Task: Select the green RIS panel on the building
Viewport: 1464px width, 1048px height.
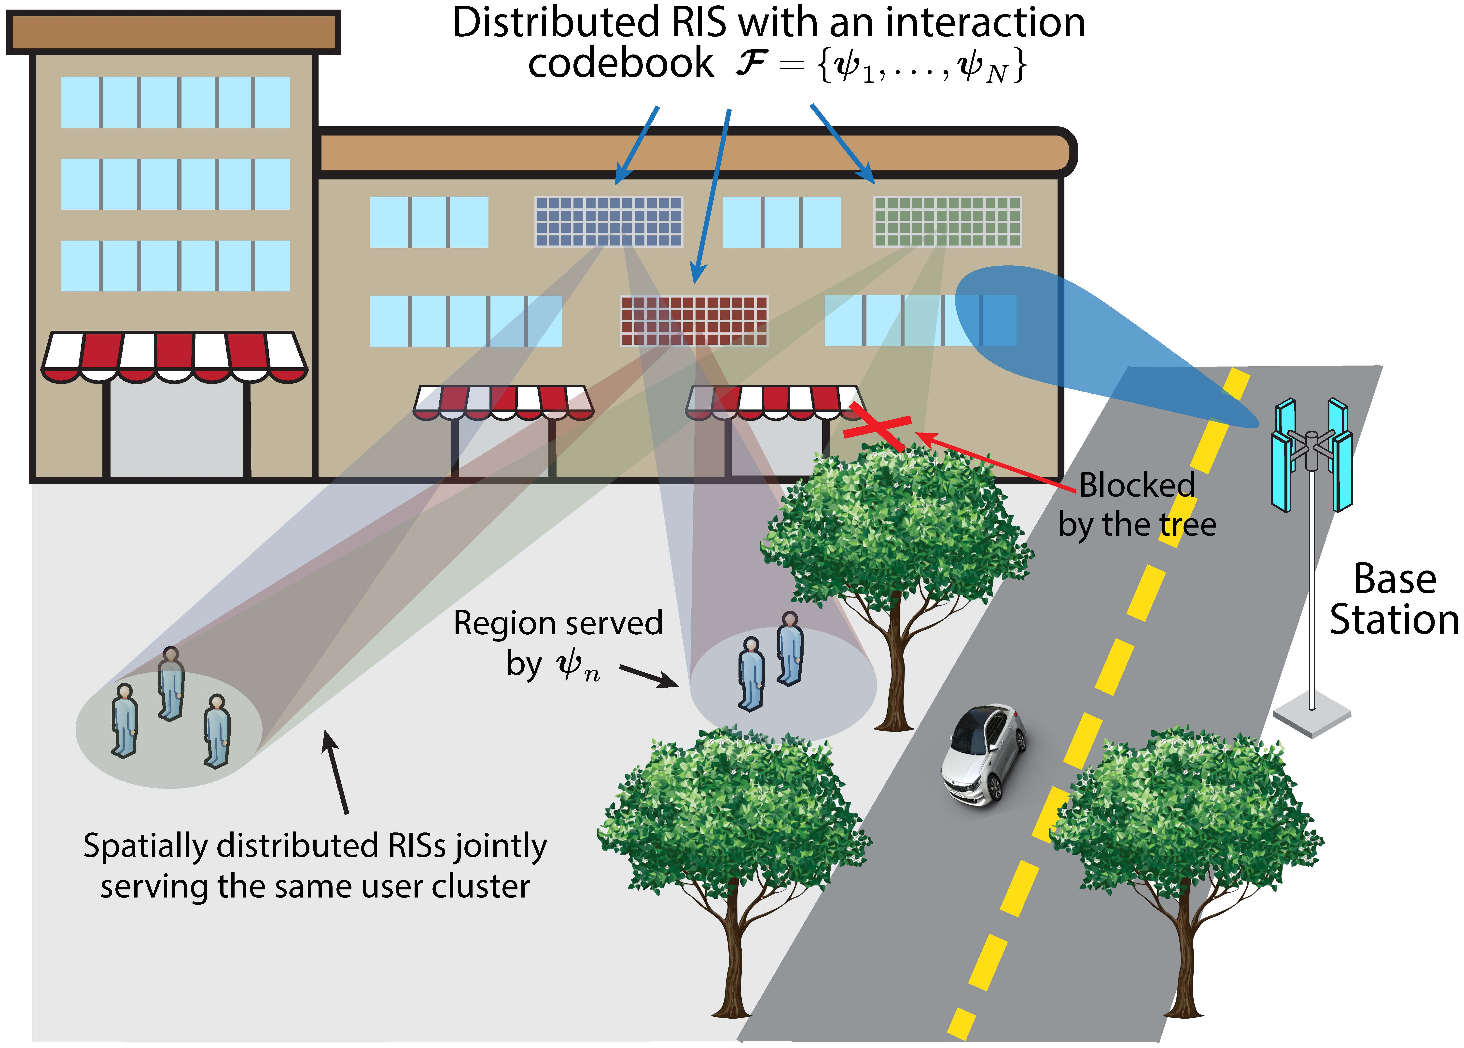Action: coord(947,221)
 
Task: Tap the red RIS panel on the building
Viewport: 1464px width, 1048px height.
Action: coord(694,321)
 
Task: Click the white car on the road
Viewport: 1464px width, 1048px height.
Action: coord(983,754)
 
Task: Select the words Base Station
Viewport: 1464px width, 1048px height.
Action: coord(1394,599)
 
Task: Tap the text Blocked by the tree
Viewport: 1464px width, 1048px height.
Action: coord(1137,505)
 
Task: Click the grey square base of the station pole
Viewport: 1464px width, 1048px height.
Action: coord(1312,715)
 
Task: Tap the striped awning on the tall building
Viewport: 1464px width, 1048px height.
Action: coord(174,356)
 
